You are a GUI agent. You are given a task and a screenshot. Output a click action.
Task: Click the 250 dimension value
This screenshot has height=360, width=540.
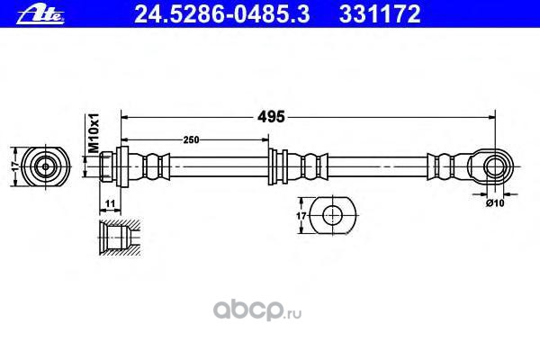(190, 139)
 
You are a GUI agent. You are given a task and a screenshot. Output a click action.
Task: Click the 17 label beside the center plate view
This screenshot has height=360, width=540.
(301, 217)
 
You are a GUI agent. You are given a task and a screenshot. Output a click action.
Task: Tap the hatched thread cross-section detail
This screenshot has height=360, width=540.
(115, 236)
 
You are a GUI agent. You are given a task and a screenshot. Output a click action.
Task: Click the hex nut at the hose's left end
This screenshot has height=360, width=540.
(110, 166)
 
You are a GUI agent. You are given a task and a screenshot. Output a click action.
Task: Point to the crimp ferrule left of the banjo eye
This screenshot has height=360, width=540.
(445, 166)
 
